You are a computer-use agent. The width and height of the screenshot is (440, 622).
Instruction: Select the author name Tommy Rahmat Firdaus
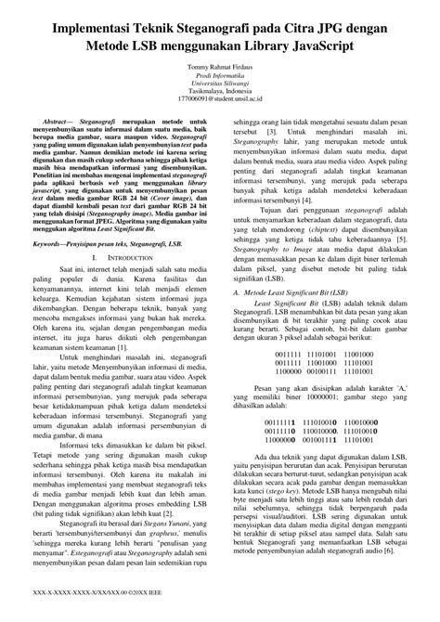pyautogui.click(x=220, y=66)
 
